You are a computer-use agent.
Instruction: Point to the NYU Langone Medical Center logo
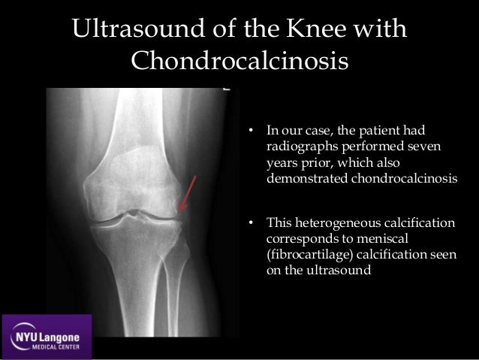(x=48, y=336)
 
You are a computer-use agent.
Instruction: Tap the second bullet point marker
(x=252, y=223)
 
